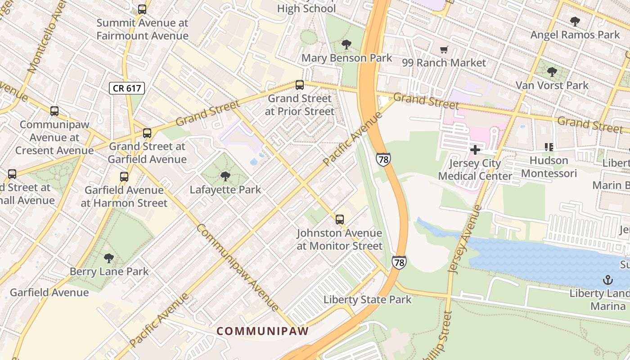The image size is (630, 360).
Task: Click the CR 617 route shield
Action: coord(126,88)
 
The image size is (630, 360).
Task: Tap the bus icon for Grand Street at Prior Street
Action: coord(299,85)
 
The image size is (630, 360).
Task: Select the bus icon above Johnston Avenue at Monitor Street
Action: coord(340,220)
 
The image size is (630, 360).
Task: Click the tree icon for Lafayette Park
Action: coord(225,176)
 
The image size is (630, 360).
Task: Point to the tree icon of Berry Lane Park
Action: coord(108,258)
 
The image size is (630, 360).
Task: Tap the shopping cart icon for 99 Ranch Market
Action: coord(444,50)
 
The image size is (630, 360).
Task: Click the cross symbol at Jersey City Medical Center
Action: coord(475,150)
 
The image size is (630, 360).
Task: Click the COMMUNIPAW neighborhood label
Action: coord(263,331)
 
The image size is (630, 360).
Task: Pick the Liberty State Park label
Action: coord(367,300)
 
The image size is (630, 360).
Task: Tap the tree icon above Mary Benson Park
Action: coord(346,45)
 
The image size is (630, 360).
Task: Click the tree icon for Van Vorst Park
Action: coord(552,72)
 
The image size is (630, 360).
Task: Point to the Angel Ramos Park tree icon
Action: coord(575,21)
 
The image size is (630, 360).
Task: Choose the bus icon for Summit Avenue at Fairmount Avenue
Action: coord(142,9)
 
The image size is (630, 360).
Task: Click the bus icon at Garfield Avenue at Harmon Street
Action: coord(124,177)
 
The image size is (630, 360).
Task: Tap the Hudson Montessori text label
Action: coord(549,167)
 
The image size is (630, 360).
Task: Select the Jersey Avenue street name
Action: coord(465,239)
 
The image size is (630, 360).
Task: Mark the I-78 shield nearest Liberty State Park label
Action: coord(399,262)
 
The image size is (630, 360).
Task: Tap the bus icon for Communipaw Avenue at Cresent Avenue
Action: coord(54,111)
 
